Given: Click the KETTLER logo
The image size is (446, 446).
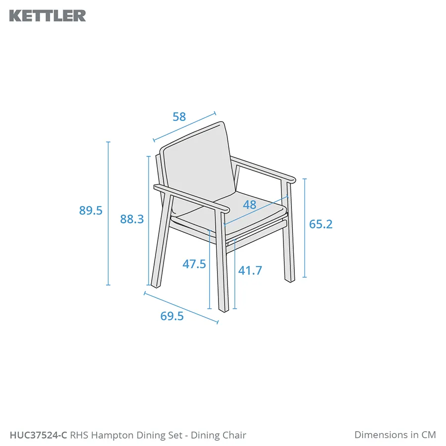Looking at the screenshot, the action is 48,16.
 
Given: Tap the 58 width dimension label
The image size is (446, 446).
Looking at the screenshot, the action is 179,116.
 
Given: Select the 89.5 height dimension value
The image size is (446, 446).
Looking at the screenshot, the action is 91,211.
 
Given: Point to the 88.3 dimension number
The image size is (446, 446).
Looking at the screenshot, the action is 132,219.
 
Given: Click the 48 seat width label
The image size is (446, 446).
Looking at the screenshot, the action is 249,205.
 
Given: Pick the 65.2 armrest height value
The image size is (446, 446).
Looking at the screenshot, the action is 321,224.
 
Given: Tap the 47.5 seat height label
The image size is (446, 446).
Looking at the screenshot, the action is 194,264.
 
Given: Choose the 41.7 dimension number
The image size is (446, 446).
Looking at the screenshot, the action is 250,270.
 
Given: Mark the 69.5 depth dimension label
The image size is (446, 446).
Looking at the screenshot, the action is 172,316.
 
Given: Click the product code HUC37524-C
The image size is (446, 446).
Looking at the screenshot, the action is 38,435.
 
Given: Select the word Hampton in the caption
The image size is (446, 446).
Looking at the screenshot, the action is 112,436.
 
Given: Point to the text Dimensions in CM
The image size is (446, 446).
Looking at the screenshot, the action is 395,435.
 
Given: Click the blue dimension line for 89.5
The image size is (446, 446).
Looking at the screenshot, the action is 108,213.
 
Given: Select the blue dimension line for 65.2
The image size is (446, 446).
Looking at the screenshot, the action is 305,228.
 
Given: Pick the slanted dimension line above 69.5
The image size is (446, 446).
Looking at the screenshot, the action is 181,308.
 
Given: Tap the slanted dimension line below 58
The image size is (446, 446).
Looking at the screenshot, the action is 184,126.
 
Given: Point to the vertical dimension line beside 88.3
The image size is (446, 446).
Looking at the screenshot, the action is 149,221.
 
